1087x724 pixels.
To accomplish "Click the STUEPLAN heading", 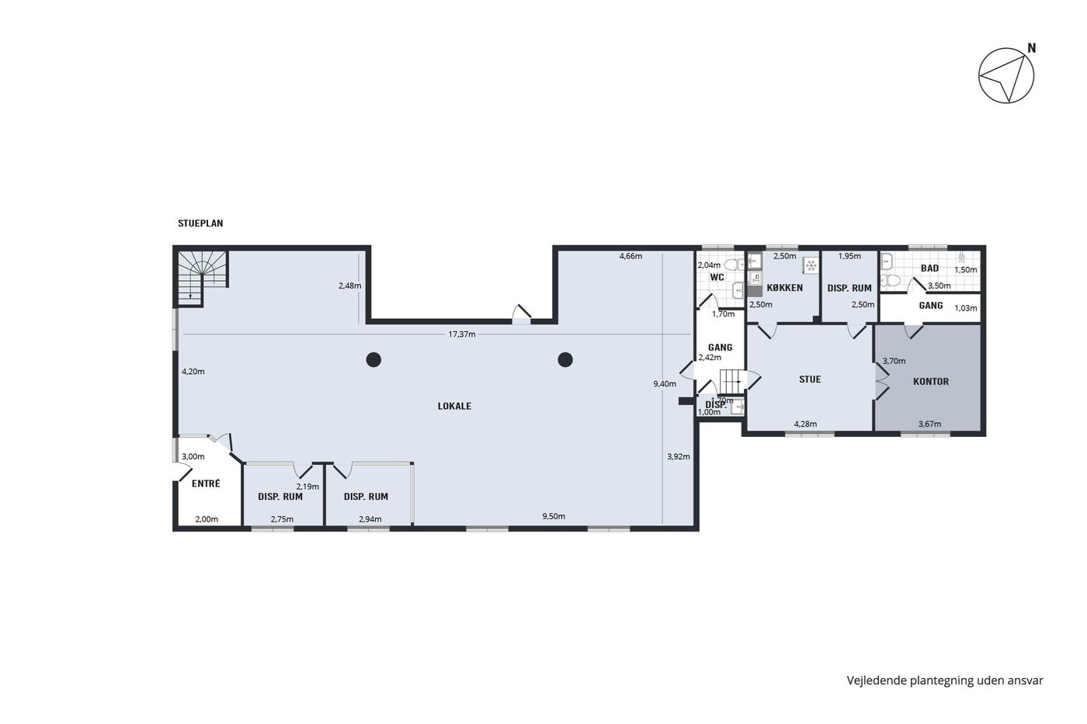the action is (200, 223).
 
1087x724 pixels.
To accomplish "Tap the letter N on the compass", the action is (1032, 48).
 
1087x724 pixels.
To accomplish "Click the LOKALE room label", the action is (454, 407).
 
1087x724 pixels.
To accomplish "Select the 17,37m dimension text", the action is (461, 334).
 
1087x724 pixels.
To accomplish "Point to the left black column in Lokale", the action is (373, 360).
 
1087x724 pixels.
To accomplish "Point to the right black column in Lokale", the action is (565, 360).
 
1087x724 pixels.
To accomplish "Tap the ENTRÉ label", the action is (206, 483).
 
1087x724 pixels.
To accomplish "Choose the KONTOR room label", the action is (931, 382).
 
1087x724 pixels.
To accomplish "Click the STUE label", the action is (810, 379).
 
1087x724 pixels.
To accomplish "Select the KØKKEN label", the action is (785, 288).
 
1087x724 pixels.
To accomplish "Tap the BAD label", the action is (930, 268).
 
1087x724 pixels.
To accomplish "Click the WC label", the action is (717, 277).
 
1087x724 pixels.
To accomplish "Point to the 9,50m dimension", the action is (554, 516).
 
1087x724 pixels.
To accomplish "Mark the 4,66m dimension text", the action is (630, 256).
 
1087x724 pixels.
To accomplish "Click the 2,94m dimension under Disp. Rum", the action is (370, 519).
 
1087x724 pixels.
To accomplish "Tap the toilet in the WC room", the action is (734, 265).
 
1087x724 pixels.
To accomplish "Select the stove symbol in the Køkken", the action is (811, 265).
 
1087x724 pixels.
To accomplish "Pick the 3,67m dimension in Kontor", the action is (930, 424).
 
